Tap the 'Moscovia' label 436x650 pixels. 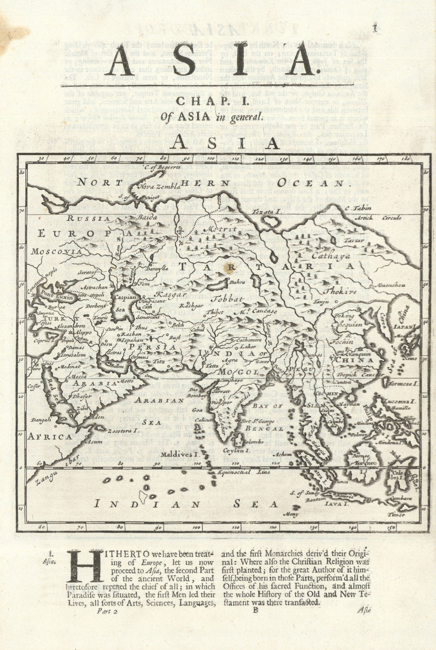[51, 252]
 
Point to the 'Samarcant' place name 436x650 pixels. [147, 318]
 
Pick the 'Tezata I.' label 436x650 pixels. [266, 211]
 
